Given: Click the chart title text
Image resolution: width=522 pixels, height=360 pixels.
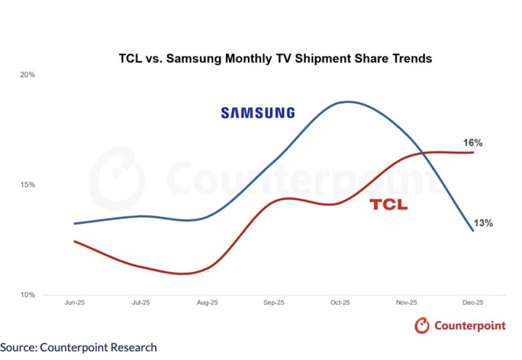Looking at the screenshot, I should pyautogui.click(x=275, y=58).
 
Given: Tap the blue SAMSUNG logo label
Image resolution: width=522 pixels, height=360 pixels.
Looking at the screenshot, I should pyautogui.click(x=258, y=113).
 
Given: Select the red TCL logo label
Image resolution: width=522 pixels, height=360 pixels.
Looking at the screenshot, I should pyautogui.click(x=389, y=205).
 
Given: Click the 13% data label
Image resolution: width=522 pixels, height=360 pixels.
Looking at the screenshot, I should pyautogui.click(x=484, y=223).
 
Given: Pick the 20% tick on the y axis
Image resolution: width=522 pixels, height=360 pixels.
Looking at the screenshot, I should pyautogui.click(x=28, y=75).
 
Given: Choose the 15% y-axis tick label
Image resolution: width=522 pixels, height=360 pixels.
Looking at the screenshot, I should pyautogui.click(x=28, y=185).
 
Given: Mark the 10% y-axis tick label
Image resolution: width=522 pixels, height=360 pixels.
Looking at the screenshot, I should pyautogui.click(x=28, y=295).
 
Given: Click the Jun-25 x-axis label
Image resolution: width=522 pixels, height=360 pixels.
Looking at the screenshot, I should pyautogui.click(x=75, y=303).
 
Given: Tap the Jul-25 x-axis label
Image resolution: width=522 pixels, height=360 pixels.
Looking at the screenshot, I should pyautogui.click(x=141, y=303).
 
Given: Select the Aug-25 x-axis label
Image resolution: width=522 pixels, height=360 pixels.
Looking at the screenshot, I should pyautogui.click(x=208, y=303).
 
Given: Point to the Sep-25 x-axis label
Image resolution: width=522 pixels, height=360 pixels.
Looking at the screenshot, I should pyautogui.click(x=275, y=303).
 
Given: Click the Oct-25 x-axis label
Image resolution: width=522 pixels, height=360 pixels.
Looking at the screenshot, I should pyautogui.click(x=341, y=303).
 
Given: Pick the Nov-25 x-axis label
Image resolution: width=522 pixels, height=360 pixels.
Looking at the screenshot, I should pyautogui.click(x=407, y=303).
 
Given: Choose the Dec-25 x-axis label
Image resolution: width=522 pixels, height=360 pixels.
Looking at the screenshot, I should pyautogui.click(x=474, y=303).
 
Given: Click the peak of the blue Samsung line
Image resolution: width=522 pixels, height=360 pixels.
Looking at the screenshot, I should pyautogui.click(x=349, y=101).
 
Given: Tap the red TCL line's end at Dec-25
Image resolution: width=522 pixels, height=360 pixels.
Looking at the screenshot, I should pyautogui.click(x=473, y=152).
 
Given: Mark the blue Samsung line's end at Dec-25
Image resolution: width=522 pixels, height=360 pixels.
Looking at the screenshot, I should pyautogui.click(x=473, y=230).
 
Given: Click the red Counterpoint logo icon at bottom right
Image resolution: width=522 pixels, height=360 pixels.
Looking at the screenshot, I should pyautogui.click(x=422, y=326).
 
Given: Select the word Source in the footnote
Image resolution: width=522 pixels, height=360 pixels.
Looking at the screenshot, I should pyautogui.click(x=17, y=348).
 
